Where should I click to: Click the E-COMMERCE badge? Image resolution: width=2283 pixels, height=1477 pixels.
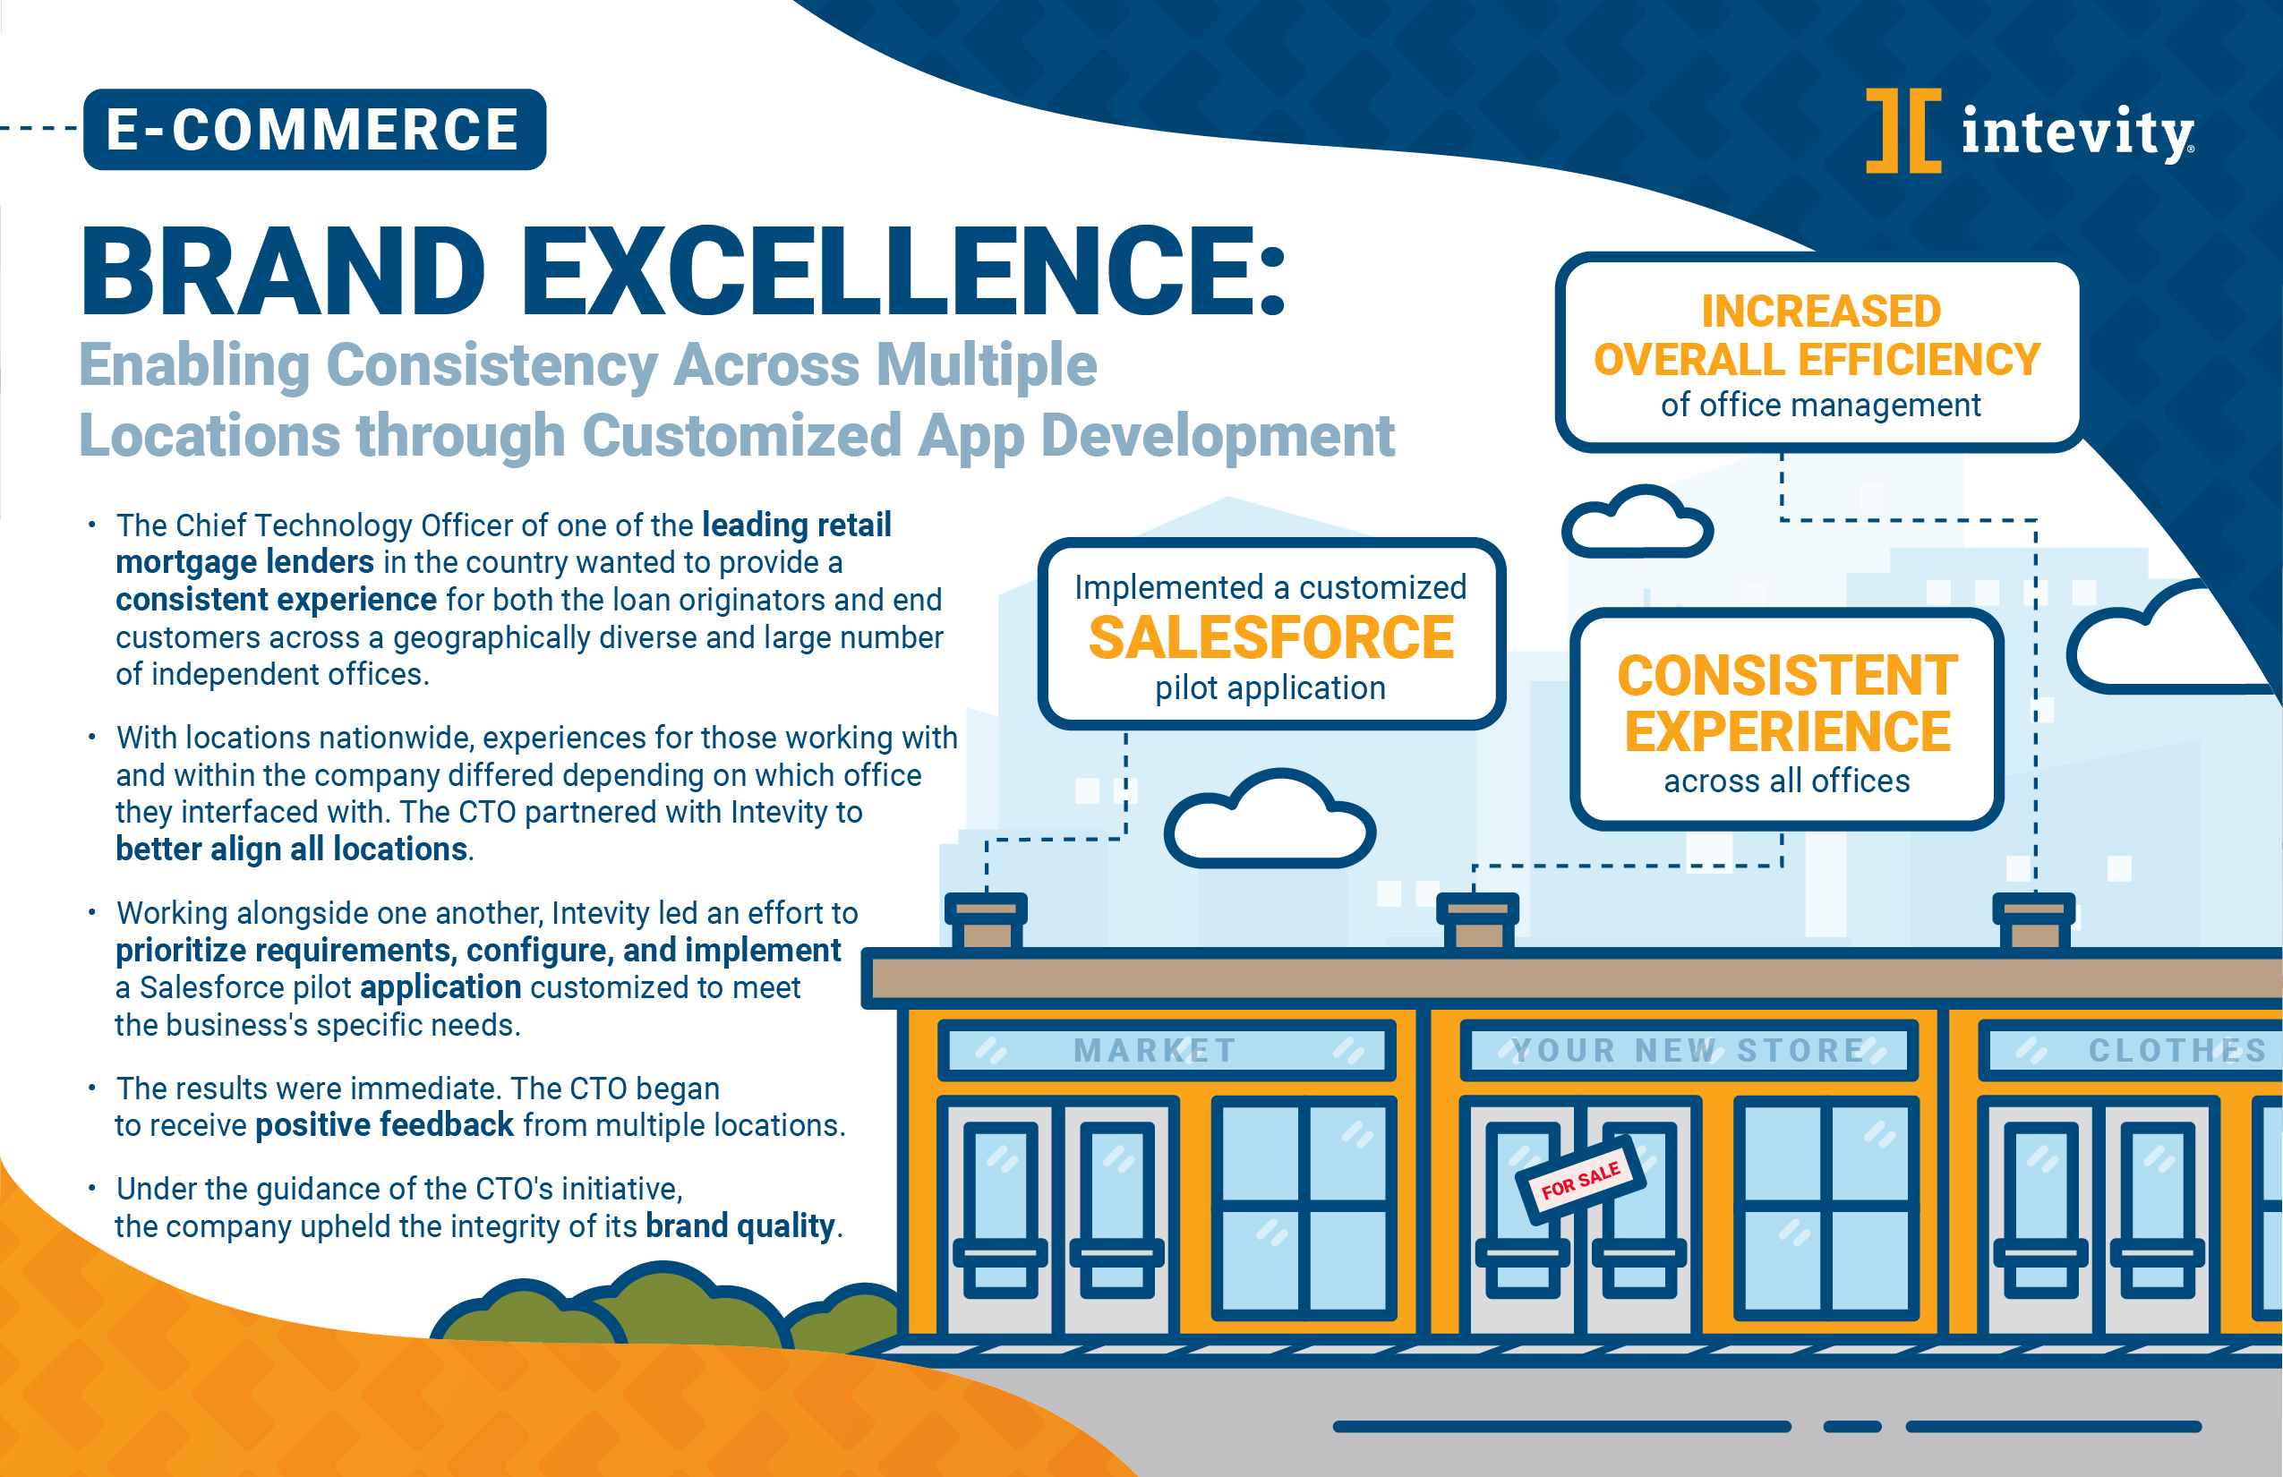tap(314, 130)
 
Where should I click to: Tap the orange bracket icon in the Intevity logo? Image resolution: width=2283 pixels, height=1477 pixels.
tap(1903, 131)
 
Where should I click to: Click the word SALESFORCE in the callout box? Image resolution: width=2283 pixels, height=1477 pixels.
tap(1271, 637)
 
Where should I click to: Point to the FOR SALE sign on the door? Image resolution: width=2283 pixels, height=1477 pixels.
tap(1581, 1180)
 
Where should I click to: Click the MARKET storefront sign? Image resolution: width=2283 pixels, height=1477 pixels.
tap(1167, 1050)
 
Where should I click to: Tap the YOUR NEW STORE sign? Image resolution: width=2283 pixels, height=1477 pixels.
tap(1689, 1050)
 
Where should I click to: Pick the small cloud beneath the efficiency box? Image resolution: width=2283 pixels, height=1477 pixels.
tap(1637, 522)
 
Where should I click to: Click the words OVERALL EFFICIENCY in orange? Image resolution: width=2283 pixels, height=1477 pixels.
tap(1817, 360)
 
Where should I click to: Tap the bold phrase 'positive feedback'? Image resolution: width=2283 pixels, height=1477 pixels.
tap(385, 1124)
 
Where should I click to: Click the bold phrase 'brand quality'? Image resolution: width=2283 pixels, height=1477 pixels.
tap(740, 1225)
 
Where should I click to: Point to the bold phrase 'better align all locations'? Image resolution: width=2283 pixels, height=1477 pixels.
tap(292, 849)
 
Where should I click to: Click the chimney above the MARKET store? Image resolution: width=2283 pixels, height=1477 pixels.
tap(986, 921)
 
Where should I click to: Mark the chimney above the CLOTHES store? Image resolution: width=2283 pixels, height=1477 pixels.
tap(2033, 921)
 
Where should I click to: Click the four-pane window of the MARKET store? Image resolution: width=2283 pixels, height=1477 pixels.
tap(1304, 1208)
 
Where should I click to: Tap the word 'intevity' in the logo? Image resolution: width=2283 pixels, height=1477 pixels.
tap(2077, 133)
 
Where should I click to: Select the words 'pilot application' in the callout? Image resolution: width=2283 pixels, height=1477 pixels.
tap(1270, 687)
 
